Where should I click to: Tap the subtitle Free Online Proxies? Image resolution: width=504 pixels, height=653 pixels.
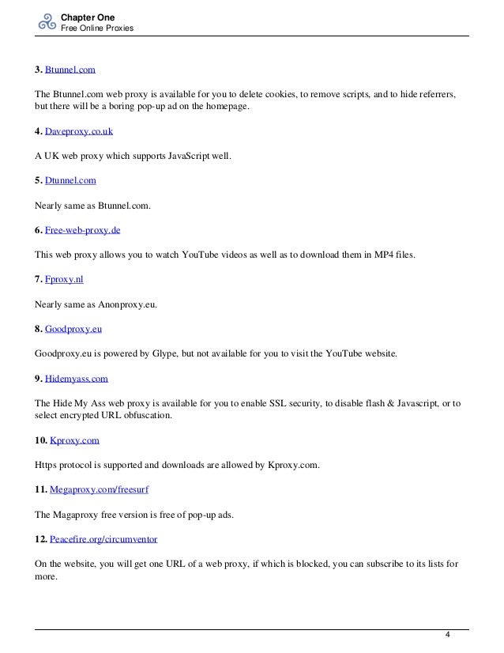click(x=96, y=28)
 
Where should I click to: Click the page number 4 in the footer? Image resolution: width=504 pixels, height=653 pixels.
click(x=447, y=636)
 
